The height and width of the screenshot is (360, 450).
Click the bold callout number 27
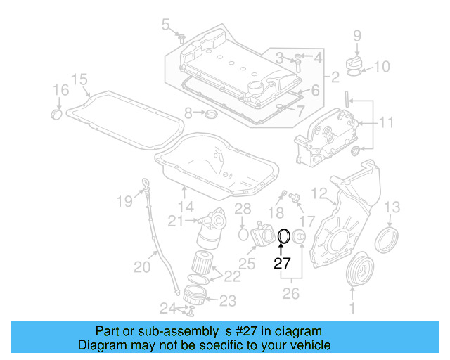point(282,264)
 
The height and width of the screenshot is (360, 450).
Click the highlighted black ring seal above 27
point(285,236)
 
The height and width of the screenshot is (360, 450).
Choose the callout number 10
point(380,67)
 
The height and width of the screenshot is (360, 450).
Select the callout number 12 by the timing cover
point(319,193)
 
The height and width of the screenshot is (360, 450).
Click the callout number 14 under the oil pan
point(185,207)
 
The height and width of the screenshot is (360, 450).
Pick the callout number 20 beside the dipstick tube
point(142,267)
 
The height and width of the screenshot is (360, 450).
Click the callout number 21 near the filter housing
point(176,221)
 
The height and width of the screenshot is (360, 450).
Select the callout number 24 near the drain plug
point(166,307)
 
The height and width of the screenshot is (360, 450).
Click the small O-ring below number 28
point(242,233)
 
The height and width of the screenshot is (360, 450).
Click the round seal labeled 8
point(210,114)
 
